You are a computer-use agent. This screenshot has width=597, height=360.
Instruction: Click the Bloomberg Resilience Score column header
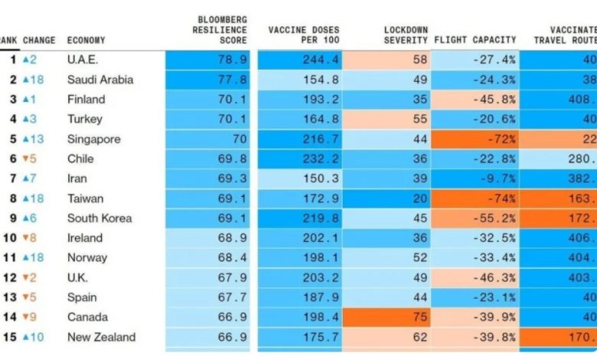click(220, 29)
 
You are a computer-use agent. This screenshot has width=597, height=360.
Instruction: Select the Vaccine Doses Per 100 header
click(303, 34)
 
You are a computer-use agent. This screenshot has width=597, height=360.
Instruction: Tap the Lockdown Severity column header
click(405, 34)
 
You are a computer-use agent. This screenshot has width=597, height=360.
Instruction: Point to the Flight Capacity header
click(475, 40)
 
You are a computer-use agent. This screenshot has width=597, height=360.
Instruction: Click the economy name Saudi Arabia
click(100, 80)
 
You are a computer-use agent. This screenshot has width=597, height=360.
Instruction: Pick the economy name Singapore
click(94, 139)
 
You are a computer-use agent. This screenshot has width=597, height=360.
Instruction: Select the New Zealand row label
click(101, 337)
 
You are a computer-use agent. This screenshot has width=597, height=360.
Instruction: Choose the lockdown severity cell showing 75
click(418, 317)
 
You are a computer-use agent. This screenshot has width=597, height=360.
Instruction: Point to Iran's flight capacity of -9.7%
click(497, 178)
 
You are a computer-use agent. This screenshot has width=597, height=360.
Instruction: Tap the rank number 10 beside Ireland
click(9, 238)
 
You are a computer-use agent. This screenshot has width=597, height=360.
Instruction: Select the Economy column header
click(86, 40)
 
